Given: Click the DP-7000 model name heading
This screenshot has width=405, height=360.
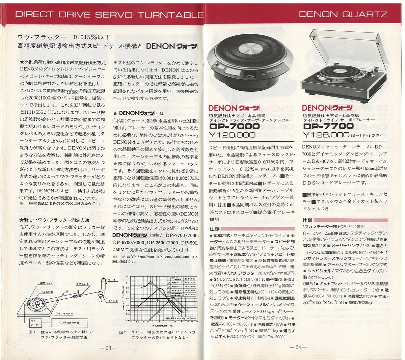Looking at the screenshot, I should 234,127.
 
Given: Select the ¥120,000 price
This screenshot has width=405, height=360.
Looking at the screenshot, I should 232,135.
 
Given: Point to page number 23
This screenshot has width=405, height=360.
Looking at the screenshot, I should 108,349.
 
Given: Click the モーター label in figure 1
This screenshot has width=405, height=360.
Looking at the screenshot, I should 113,280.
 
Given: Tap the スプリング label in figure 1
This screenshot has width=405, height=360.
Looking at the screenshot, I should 82,284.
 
